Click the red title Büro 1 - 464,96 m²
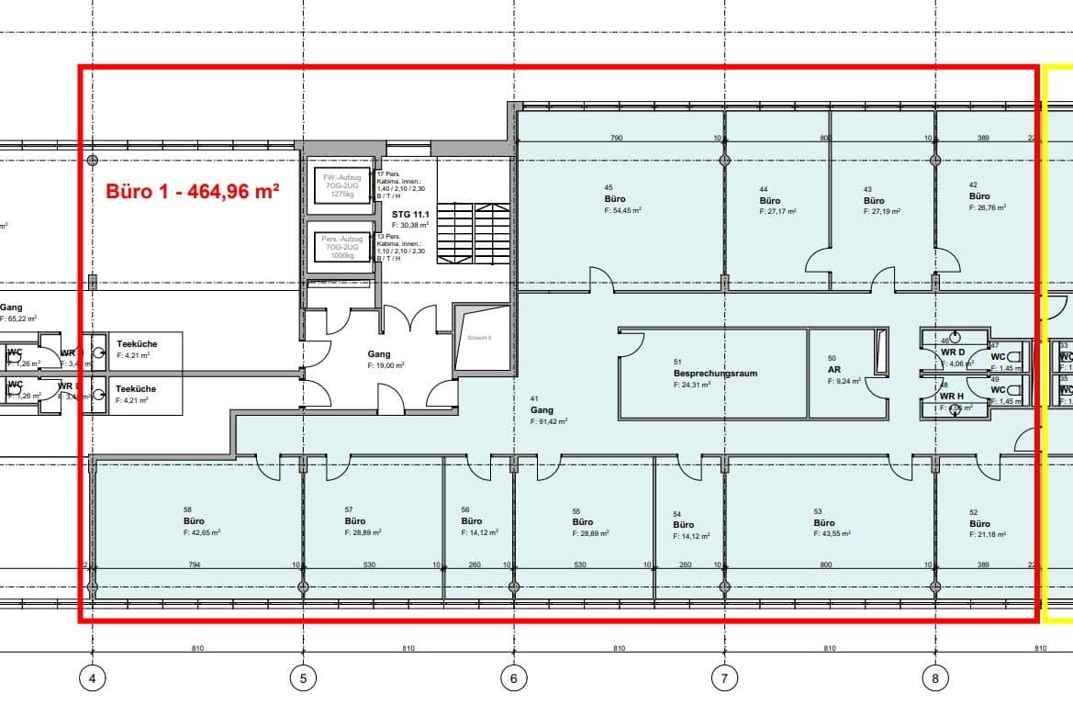click(193, 192)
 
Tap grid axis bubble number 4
click(92, 678)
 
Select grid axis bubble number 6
click(514, 678)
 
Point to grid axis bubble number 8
click(935, 678)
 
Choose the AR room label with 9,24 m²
click(833, 369)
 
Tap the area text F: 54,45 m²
click(622, 210)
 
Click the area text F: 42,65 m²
click(202, 531)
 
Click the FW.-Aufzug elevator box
click(341, 184)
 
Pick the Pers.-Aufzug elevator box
click(341, 248)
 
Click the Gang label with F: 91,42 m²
click(542, 410)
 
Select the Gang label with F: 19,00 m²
click(379, 354)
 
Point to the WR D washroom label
click(953, 352)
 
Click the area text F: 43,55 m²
click(832, 534)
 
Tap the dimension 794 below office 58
click(194, 565)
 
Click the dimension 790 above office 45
click(617, 139)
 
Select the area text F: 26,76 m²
click(988, 207)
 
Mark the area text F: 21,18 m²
click(988, 534)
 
